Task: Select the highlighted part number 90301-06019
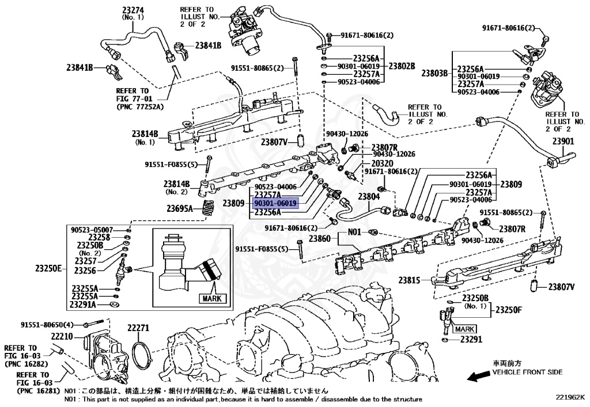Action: pyautogui.click(x=275, y=203)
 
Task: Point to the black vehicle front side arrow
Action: pyautogui.click(x=478, y=376)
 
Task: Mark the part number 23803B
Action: pyautogui.click(x=434, y=73)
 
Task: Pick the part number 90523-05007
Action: pyautogui.click(x=92, y=229)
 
